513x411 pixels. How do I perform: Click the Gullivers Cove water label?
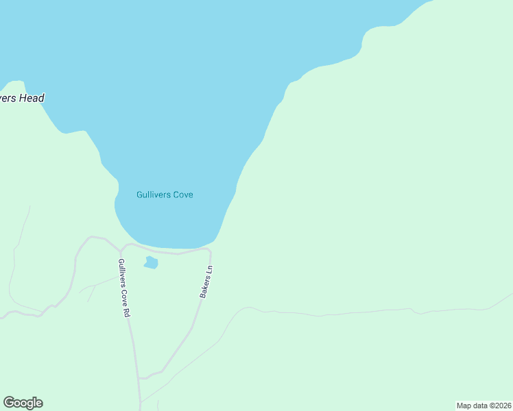coord(165,195)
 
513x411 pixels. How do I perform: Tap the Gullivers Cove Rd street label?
coord(123,288)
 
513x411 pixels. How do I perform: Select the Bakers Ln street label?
coord(206,282)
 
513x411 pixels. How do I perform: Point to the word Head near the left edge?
coord(32,98)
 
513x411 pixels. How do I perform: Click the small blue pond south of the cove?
coord(151,262)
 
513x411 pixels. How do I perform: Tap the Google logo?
coord(23,403)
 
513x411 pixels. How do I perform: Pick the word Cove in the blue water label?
coord(182,195)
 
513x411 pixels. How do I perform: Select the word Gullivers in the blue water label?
coord(153,195)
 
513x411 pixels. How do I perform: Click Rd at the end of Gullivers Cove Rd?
coord(126,312)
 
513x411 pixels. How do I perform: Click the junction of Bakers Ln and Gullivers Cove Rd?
coord(140,377)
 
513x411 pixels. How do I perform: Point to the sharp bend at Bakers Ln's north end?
coord(208,251)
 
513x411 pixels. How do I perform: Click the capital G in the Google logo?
coord(9,403)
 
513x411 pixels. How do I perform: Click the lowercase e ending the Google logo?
coord(38,403)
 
